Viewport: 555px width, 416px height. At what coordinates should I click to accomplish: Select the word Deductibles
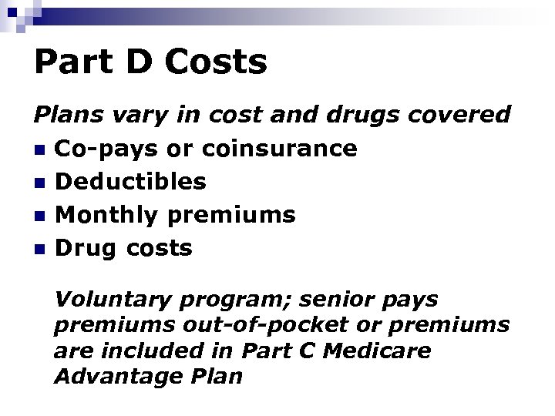coord(132,182)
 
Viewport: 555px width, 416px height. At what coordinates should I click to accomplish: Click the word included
coord(158,351)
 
